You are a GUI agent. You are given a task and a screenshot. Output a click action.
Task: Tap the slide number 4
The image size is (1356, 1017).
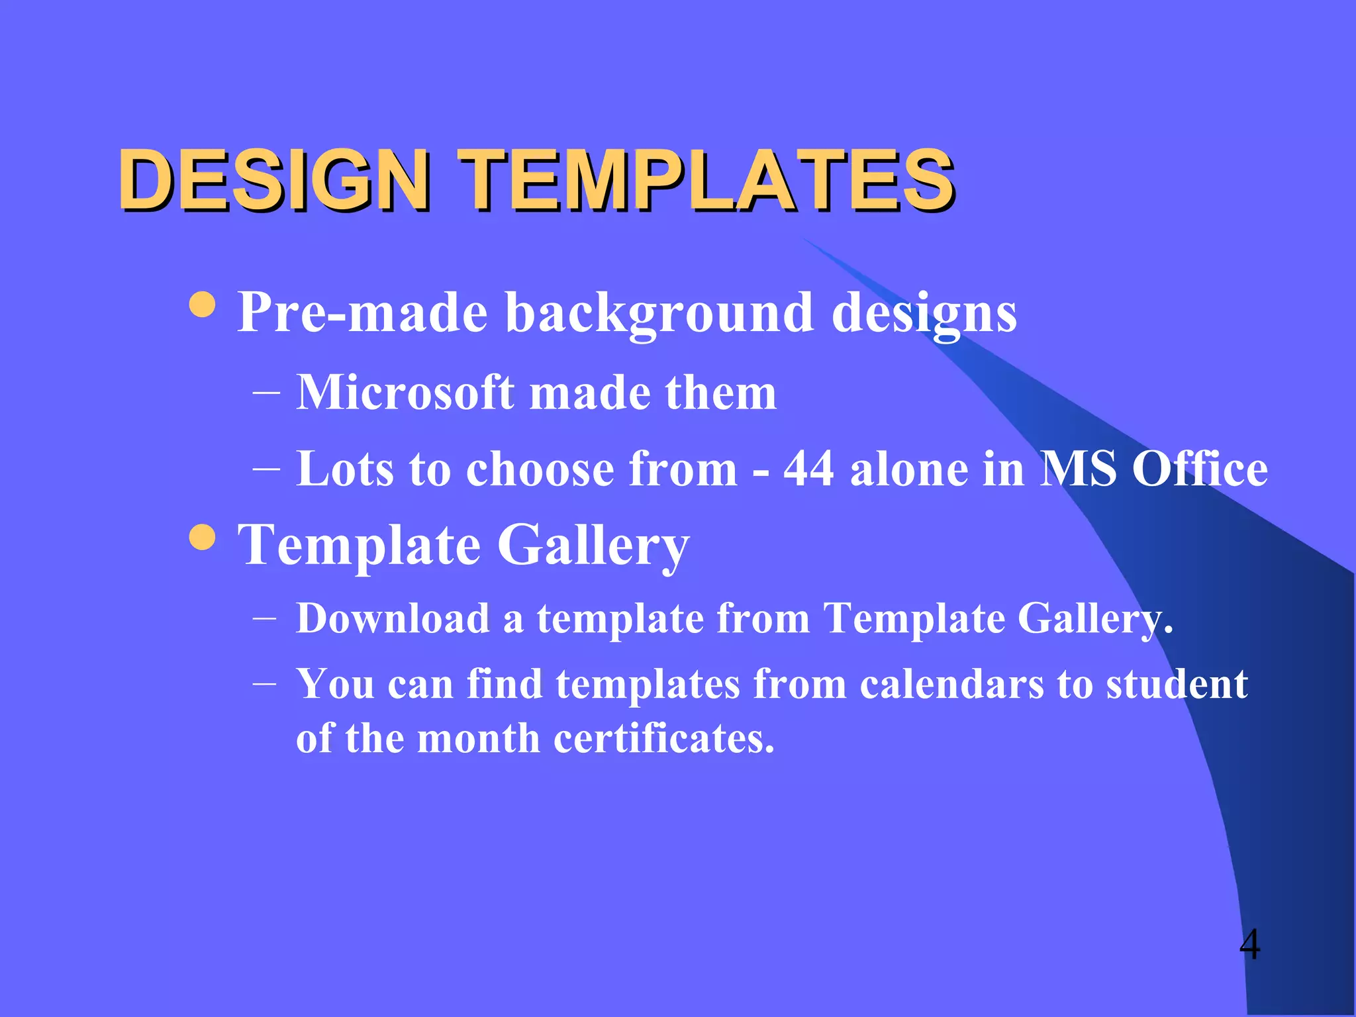pos(1249,944)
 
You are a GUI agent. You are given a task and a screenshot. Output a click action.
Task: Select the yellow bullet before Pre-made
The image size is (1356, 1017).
pos(202,305)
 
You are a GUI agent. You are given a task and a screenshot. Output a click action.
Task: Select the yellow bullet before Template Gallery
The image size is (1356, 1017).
pos(202,537)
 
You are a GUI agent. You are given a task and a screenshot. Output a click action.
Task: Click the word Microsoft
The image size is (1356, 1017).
pos(405,393)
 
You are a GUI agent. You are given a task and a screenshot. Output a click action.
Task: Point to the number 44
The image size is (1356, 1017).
pos(808,469)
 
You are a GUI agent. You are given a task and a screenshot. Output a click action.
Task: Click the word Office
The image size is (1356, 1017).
pos(1200,469)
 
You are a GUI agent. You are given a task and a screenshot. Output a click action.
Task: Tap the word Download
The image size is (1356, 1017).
pos(393,618)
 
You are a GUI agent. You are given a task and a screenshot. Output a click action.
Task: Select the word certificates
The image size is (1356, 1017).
pos(663,738)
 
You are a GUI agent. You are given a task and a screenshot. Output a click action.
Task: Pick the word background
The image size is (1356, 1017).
pos(659,313)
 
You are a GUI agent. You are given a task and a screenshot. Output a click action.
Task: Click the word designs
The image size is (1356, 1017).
pos(924,313)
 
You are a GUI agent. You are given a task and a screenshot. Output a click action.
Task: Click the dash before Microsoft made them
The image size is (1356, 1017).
pos(266,393)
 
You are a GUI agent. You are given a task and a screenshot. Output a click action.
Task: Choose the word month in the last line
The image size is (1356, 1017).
pos(478,738)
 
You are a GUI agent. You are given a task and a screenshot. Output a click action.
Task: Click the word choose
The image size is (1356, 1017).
pos(540,469)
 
